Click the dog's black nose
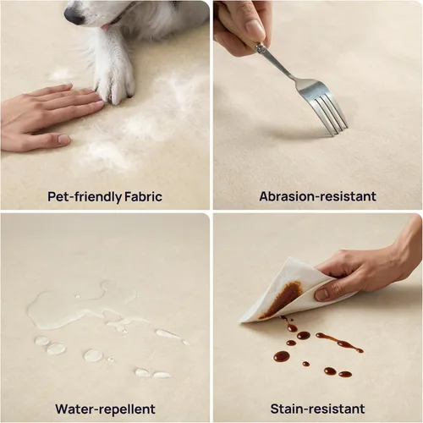click(74, 14)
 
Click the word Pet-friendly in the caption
click(85, 196)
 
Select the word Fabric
click(143, 196)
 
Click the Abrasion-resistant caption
click(317, 196)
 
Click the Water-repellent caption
click(105, 409)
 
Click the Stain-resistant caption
click(317, 409)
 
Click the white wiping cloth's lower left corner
click(240, 321)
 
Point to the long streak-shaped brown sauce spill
click(339, 343)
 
